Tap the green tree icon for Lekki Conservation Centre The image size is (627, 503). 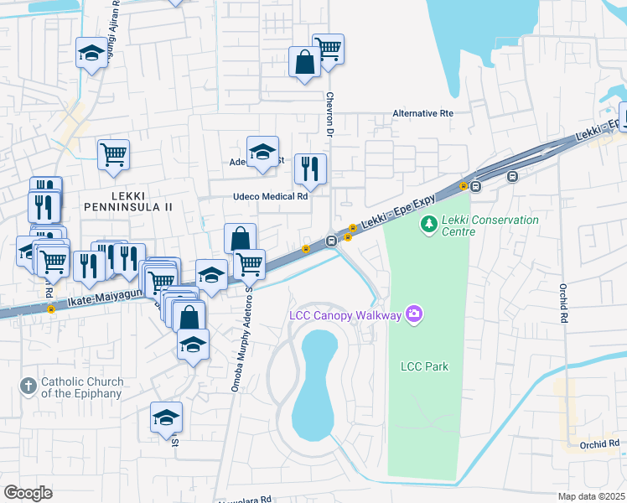[x=429, y=224]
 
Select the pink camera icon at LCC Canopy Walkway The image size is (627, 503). [x=413, y=315]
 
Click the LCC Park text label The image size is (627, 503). [x=424, y=366]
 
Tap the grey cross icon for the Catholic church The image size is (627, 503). [x=28, y=386]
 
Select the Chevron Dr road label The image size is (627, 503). [x=330, y=115]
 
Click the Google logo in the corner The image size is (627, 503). [x=28, y=492]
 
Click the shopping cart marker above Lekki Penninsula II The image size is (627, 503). [x=113, y=154]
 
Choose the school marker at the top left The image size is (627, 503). [x=91, y=54]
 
